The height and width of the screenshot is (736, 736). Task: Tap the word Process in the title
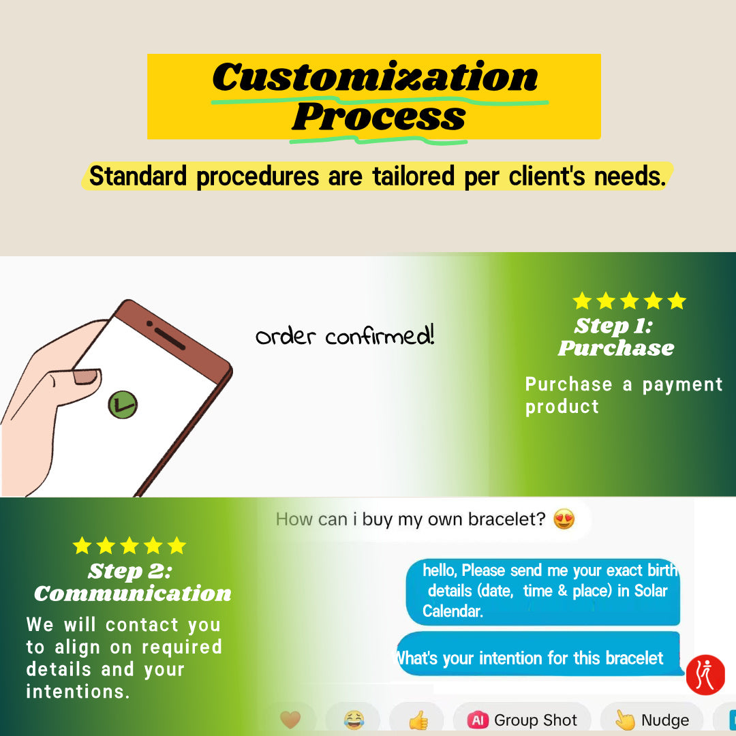[378, 117]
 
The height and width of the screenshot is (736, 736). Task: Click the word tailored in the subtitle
[413, 176]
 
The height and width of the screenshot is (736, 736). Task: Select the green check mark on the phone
[123, 405]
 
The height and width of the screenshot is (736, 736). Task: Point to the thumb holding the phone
[70, 385]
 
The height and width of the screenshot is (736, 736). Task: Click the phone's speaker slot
[170, 339]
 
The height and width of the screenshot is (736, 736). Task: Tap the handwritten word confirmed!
[380, 335]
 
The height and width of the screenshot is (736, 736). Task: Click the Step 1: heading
[613, 325]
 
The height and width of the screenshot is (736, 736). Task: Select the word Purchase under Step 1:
[616, 348]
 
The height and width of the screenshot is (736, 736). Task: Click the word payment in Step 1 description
[682, 384]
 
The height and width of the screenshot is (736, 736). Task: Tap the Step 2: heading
[130, 571]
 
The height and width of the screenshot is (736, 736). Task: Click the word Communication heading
[133, 594]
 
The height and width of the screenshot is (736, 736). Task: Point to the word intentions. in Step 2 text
[78, 692]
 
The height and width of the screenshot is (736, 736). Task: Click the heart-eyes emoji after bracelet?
[564, 519]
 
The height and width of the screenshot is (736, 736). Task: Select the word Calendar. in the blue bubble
[453, 611]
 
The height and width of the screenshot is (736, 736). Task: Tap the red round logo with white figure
[705, 675]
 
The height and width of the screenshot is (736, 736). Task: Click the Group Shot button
[522, 720]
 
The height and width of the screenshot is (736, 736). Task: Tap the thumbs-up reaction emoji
[418, 720]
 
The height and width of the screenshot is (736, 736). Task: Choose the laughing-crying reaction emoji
[354, 719]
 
